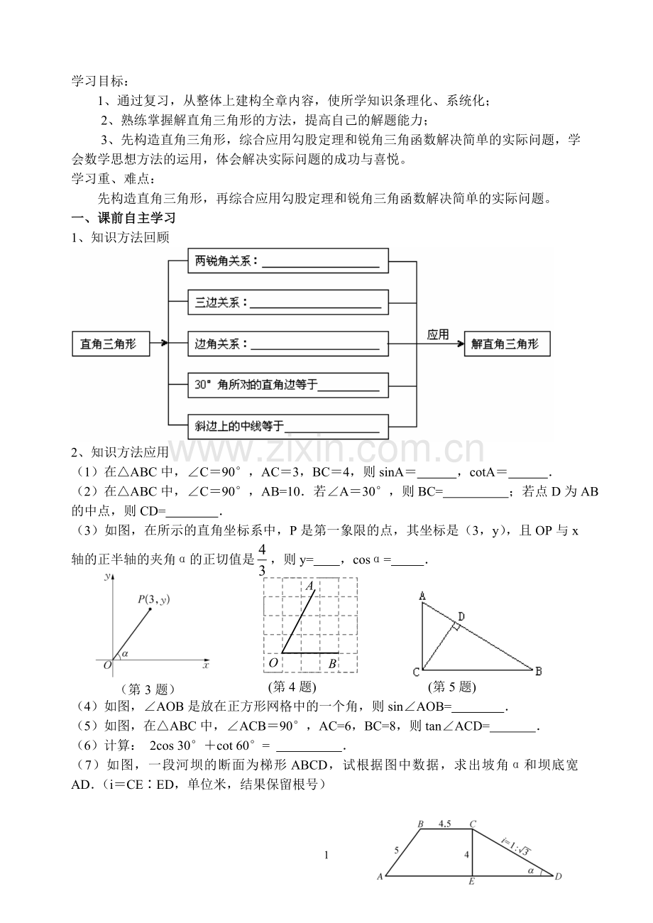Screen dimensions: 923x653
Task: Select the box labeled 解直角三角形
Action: tap(506, 344)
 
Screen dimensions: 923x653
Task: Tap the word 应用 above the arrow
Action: tap(438, 334)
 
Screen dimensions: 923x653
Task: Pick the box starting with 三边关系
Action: tap(287, 302)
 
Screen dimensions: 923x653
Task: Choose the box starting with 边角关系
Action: tap(287, 344)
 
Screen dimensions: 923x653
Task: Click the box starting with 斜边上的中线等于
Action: tap(287, 426)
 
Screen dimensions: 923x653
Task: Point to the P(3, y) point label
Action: tap(153, 600)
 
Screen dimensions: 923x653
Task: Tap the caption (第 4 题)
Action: tap(292, 687)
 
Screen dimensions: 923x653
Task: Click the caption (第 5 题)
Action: tap(452, 687)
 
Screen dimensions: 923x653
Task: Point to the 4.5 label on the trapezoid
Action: tap(445, 824)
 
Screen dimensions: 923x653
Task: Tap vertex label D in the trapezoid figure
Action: tap(559, 876)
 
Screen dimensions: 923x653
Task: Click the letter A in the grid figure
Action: tap(310, 586)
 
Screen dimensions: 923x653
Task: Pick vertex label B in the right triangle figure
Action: tap(539, 670)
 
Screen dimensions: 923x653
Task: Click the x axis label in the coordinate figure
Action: tap(206, 665)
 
